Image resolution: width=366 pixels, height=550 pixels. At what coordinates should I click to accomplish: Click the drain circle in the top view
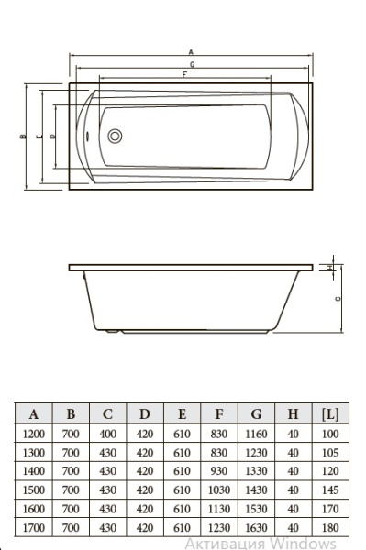click(115, 136)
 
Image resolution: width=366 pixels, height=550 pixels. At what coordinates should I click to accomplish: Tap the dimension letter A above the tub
click(191, 52)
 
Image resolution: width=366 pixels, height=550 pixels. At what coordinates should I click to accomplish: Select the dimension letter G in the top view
click(193, 64)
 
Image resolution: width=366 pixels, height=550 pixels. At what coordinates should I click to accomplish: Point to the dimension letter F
click(184, 75)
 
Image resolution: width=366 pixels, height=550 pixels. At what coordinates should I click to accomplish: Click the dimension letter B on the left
click(23, 137)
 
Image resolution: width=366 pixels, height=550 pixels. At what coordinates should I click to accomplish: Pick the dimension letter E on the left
click(39, 137)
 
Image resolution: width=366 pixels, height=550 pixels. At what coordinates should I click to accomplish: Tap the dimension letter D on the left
click(52, 137)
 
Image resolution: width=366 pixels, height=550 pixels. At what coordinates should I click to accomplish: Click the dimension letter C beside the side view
click(338, 299)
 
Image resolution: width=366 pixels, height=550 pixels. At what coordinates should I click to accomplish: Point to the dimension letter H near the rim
click(329, 268)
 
